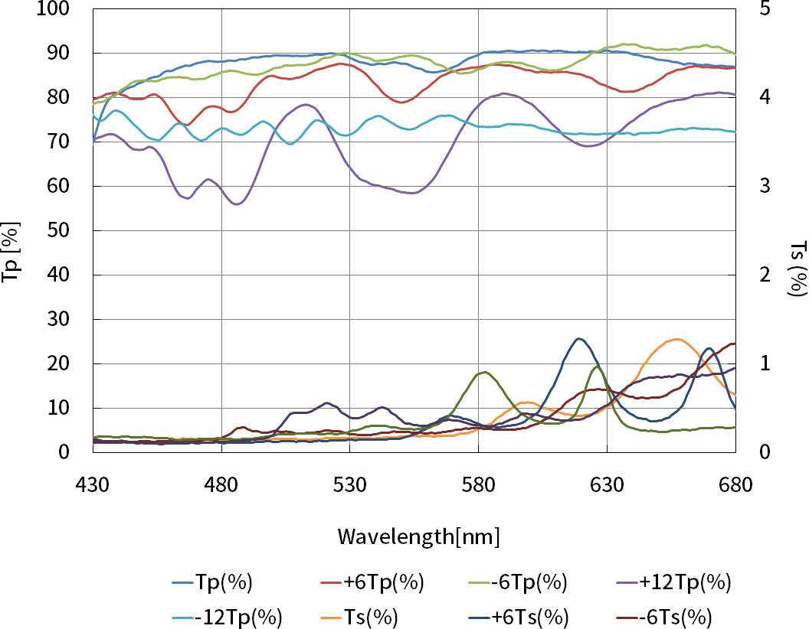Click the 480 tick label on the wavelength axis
coord(221,484)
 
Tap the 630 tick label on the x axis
coord(607,484)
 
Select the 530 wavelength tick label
coord(349,484)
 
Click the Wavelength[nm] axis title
coord(418,536)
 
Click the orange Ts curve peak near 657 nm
coord(676,339)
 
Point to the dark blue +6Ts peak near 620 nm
coord(579,338)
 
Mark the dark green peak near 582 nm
coord(483,373)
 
